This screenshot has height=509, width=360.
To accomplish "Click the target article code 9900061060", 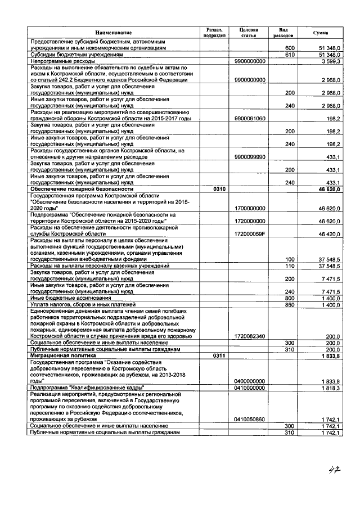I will pyautogui.click(x=250, y=119).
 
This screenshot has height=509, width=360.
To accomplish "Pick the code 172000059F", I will pyautogui.click(x=250, y=233).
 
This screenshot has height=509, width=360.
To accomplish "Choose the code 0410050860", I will pyautogui.click(x=250, y=420).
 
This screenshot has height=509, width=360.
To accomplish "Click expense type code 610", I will pyautogui.click(x=290, y=55).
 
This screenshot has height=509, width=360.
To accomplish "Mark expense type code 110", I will pyautogui.click(x=290, y=265).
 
